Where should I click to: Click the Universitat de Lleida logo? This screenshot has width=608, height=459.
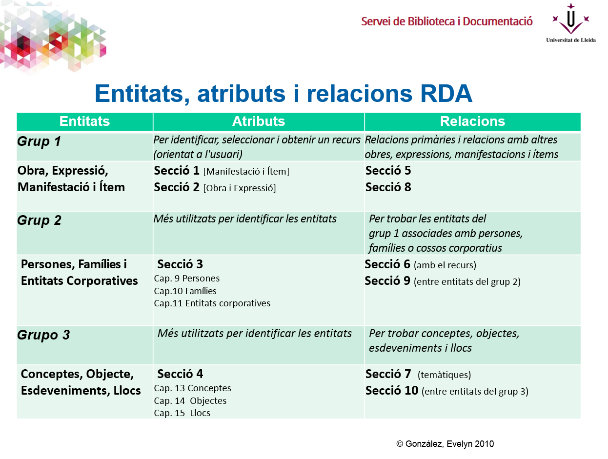[570, 23]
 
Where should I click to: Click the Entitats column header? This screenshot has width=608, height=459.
[84, 121]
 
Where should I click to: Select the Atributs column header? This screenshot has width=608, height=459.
[259, 121]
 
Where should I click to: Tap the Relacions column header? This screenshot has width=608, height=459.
[472, 121]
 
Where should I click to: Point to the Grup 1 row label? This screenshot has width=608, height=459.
[39, 142]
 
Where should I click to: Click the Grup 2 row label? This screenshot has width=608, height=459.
[39, 220]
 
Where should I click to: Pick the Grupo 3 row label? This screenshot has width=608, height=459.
[43, 335]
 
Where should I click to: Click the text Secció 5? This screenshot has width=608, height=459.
[388, 171]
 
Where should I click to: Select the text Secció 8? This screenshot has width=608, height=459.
[388, 187]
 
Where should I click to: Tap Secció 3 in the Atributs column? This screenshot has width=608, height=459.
[180, 264]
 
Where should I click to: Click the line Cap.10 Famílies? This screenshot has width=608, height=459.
[185, 291]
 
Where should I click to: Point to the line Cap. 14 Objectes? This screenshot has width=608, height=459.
[190, 401]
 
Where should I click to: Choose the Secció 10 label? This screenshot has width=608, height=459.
[392, 391]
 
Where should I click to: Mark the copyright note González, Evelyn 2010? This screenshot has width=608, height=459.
[445, 444]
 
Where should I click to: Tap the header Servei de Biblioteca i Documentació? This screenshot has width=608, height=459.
[446, 21]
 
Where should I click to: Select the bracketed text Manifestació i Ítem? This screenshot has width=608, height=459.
[246, 172]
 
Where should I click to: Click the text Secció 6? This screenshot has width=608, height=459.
[387, 265]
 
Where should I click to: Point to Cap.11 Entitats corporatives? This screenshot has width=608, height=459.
[212, 303]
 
